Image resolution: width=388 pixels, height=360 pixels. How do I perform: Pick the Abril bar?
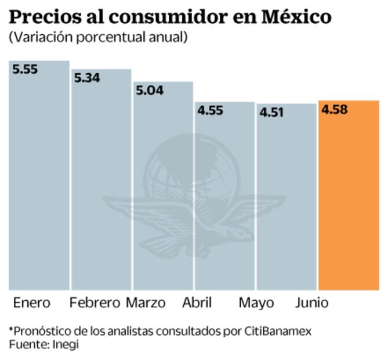(224, 197)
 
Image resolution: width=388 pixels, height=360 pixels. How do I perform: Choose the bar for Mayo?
(287, 197)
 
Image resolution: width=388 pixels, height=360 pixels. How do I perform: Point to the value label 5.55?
(25, 69)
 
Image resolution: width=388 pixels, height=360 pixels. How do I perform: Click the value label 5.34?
(87, 77)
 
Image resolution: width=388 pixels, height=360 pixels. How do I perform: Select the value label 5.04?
(149, 90)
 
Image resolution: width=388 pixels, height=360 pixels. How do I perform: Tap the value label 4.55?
(210, 110)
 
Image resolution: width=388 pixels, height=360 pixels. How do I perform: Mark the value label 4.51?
(271, 112)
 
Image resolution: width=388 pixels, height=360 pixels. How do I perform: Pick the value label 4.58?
(334, 109)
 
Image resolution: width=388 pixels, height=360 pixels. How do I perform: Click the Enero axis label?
(32, 303)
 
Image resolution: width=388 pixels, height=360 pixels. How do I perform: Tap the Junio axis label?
(312, 303)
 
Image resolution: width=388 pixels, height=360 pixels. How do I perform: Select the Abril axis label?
(197, 303)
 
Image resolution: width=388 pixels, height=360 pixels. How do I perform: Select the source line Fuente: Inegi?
(43, 344)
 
